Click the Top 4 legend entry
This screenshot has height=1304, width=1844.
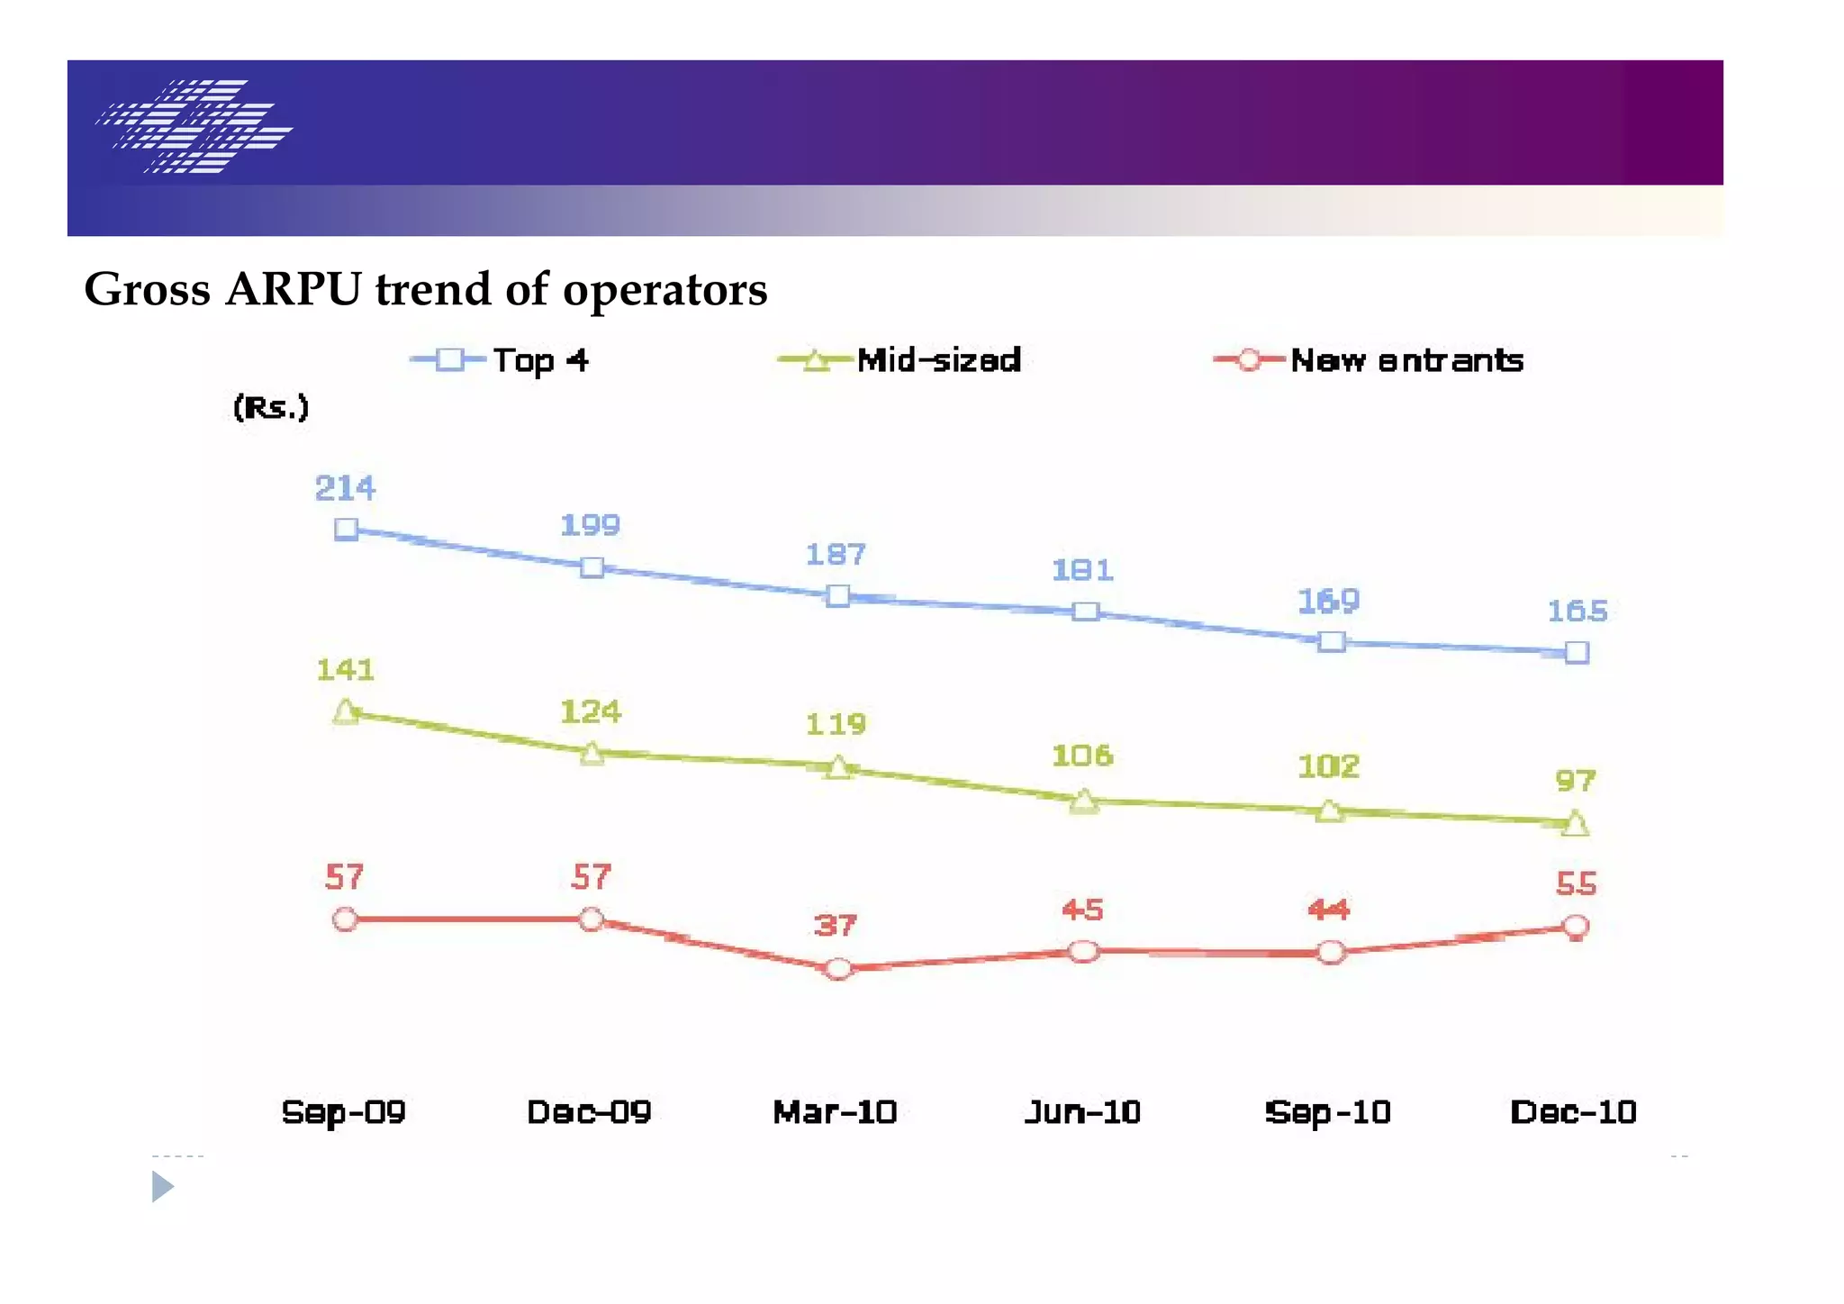501,361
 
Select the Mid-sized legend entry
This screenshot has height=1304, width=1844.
900,361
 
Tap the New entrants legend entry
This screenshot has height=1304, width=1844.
1369,361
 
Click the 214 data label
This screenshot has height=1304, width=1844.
345,489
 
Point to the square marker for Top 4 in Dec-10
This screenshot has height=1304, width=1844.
1577,653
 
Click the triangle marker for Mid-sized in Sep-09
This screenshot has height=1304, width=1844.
346,713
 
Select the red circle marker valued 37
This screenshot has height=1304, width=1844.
838,969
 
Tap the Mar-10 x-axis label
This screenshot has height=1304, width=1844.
835,1112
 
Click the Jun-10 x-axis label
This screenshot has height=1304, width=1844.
1082,1112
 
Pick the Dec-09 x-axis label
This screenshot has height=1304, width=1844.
589,1112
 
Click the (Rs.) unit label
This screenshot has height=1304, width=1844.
271,408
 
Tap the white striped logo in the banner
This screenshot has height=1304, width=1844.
194,126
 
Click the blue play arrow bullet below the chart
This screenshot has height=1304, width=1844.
162,1187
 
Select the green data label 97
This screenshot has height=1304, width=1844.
1576,781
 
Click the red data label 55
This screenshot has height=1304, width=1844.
1576,884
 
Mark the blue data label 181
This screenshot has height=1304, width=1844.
1083,570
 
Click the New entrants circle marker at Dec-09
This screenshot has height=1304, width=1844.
592,919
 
